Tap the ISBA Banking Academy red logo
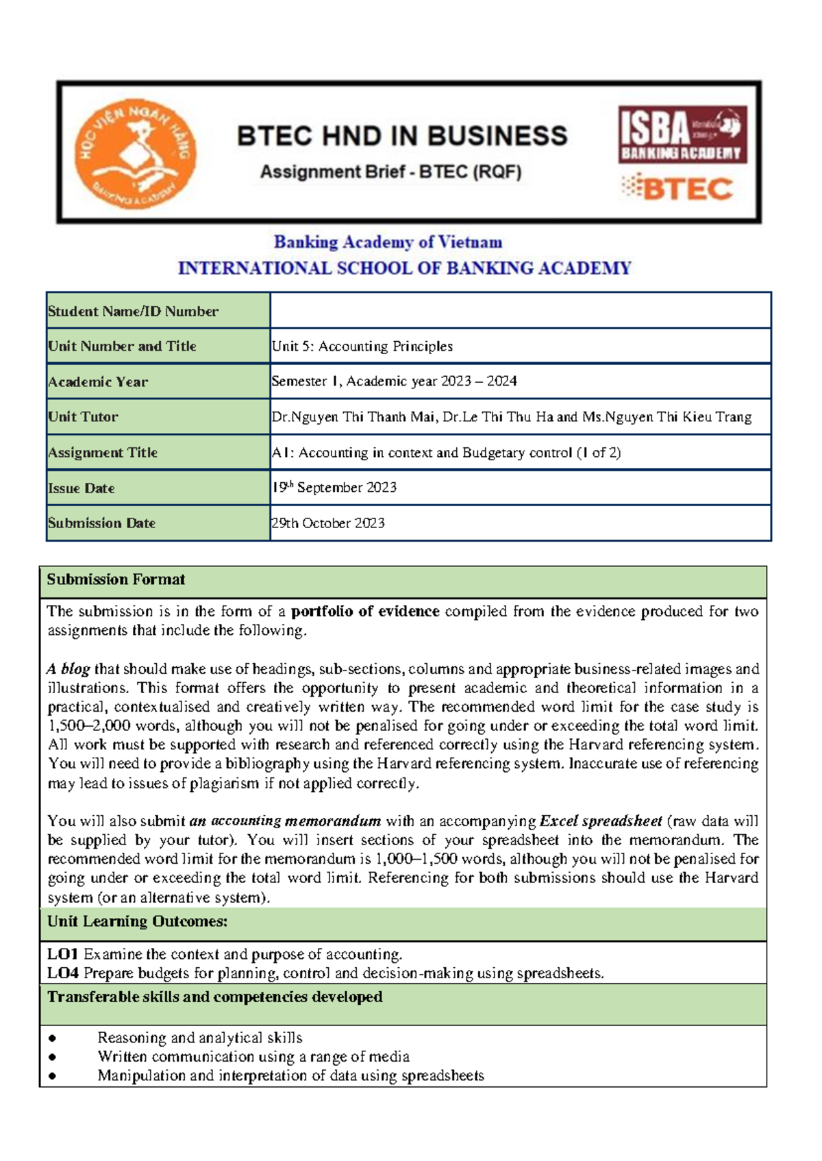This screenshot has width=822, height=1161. coord(682,134)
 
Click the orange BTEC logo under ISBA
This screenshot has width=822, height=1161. coord(677,188)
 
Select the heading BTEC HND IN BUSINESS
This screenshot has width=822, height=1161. coord(402,136)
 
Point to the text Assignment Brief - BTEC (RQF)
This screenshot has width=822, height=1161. coord(390,172)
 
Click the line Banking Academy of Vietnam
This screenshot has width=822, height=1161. coord(388,242)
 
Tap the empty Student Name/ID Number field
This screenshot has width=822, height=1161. coord(520,310)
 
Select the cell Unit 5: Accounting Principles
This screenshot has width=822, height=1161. coord(362,346)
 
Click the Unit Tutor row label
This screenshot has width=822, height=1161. coord(83,416)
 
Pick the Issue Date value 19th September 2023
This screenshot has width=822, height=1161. coord(334,487)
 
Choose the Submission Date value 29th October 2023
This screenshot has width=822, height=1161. coord(328,523)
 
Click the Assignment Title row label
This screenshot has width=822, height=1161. coord(103,452)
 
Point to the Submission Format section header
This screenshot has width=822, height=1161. coord(116,579)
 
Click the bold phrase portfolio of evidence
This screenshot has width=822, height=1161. coord(365,611)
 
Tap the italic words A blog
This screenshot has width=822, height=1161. coord(68,669)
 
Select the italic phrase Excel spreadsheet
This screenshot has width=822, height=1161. coord(601,821)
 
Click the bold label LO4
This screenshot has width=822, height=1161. coord(63,973)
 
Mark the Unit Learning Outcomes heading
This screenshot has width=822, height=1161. coord(137,921)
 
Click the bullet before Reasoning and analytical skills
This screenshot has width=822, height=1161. coord(53,1038)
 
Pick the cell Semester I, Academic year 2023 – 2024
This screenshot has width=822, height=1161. coord(394,381)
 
